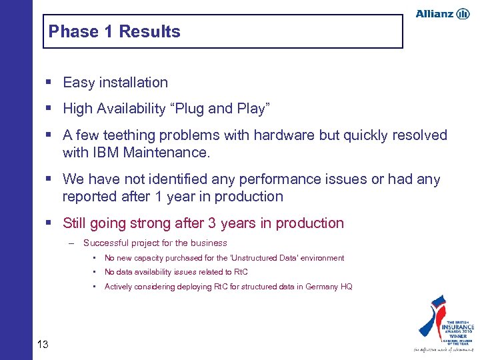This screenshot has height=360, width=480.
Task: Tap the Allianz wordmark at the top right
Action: pyautogui.click(x=434, y=14)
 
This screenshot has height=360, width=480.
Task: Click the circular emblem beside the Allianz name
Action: pyautogui.click(x=463, y=14)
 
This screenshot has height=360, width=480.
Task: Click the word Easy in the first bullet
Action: pyautogui.click(x=78, y=83)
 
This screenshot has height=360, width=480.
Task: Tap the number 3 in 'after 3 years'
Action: pyautogui.click(x=213, y=223)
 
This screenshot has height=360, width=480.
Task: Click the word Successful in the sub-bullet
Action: pyautogui.click(x=107, y=243)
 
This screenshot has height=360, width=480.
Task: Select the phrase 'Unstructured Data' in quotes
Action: pyautogui.click(x=263, y=258)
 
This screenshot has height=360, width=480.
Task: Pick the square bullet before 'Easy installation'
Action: pyautogui.click(x=51, y=83)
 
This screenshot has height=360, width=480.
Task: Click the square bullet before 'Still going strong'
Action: pyautogui.click(x=51, y=223)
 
